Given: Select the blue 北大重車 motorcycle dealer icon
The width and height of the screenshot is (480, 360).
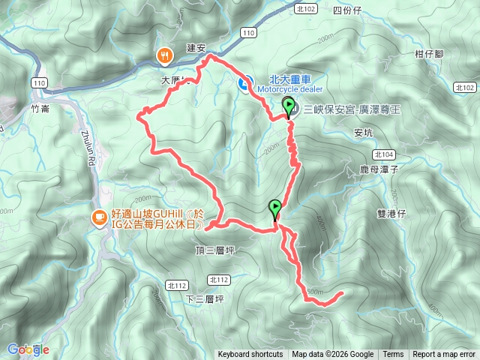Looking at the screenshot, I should [x=244, y=82].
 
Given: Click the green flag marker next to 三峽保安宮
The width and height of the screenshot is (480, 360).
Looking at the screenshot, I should [x=289, y=106].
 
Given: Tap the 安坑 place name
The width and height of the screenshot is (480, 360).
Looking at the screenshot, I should [x=363, y=133].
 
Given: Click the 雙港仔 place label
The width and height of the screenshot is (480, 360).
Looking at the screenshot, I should [x=391, y=213].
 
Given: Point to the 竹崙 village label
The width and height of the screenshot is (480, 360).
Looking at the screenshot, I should [x=40, y=108].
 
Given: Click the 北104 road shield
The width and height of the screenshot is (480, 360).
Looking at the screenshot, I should [x=387, y=154].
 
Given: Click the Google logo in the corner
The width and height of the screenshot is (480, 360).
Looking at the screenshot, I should [x=28, y=349].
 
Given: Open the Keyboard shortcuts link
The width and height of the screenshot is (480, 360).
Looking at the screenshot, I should [x=250, y=355].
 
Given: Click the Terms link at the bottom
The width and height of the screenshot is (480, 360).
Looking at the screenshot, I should [x=393, y=355].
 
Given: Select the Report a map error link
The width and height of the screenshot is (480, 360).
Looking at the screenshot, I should [x=444, y=355].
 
